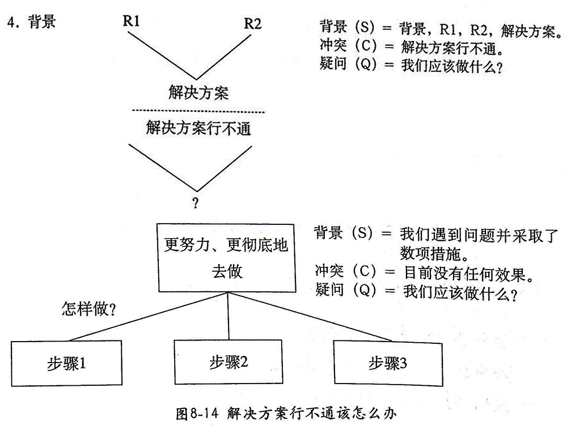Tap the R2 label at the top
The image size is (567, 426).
[x=253, y=24]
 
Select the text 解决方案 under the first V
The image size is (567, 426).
[x=198, y=92]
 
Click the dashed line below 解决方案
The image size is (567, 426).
[x=198, y=111]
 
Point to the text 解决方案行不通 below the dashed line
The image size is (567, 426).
[x=198, y=129]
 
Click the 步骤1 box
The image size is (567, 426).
[x=66, y=363]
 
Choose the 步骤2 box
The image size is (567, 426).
[x=228, y=362]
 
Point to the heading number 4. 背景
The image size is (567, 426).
[x=31, y=23]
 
